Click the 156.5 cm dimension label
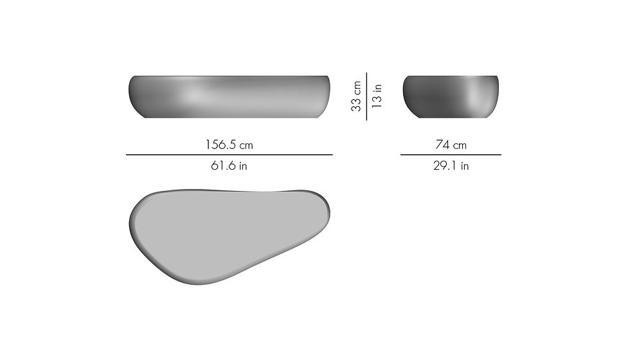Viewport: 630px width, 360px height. pos(229,145)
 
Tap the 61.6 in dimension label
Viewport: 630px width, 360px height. pos(229,166)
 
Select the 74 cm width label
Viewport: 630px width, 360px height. pos(451,145)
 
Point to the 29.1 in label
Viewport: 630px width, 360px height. pos(451,166)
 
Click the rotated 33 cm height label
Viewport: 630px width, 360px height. pos(356,96)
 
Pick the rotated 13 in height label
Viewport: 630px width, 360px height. pos(377,96)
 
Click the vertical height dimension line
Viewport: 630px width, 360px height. pos(366,96)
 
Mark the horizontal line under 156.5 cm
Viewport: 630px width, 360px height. pos(230,155)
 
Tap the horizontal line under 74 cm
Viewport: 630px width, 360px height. pos(451,155)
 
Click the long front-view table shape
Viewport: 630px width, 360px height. pos(230,97)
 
